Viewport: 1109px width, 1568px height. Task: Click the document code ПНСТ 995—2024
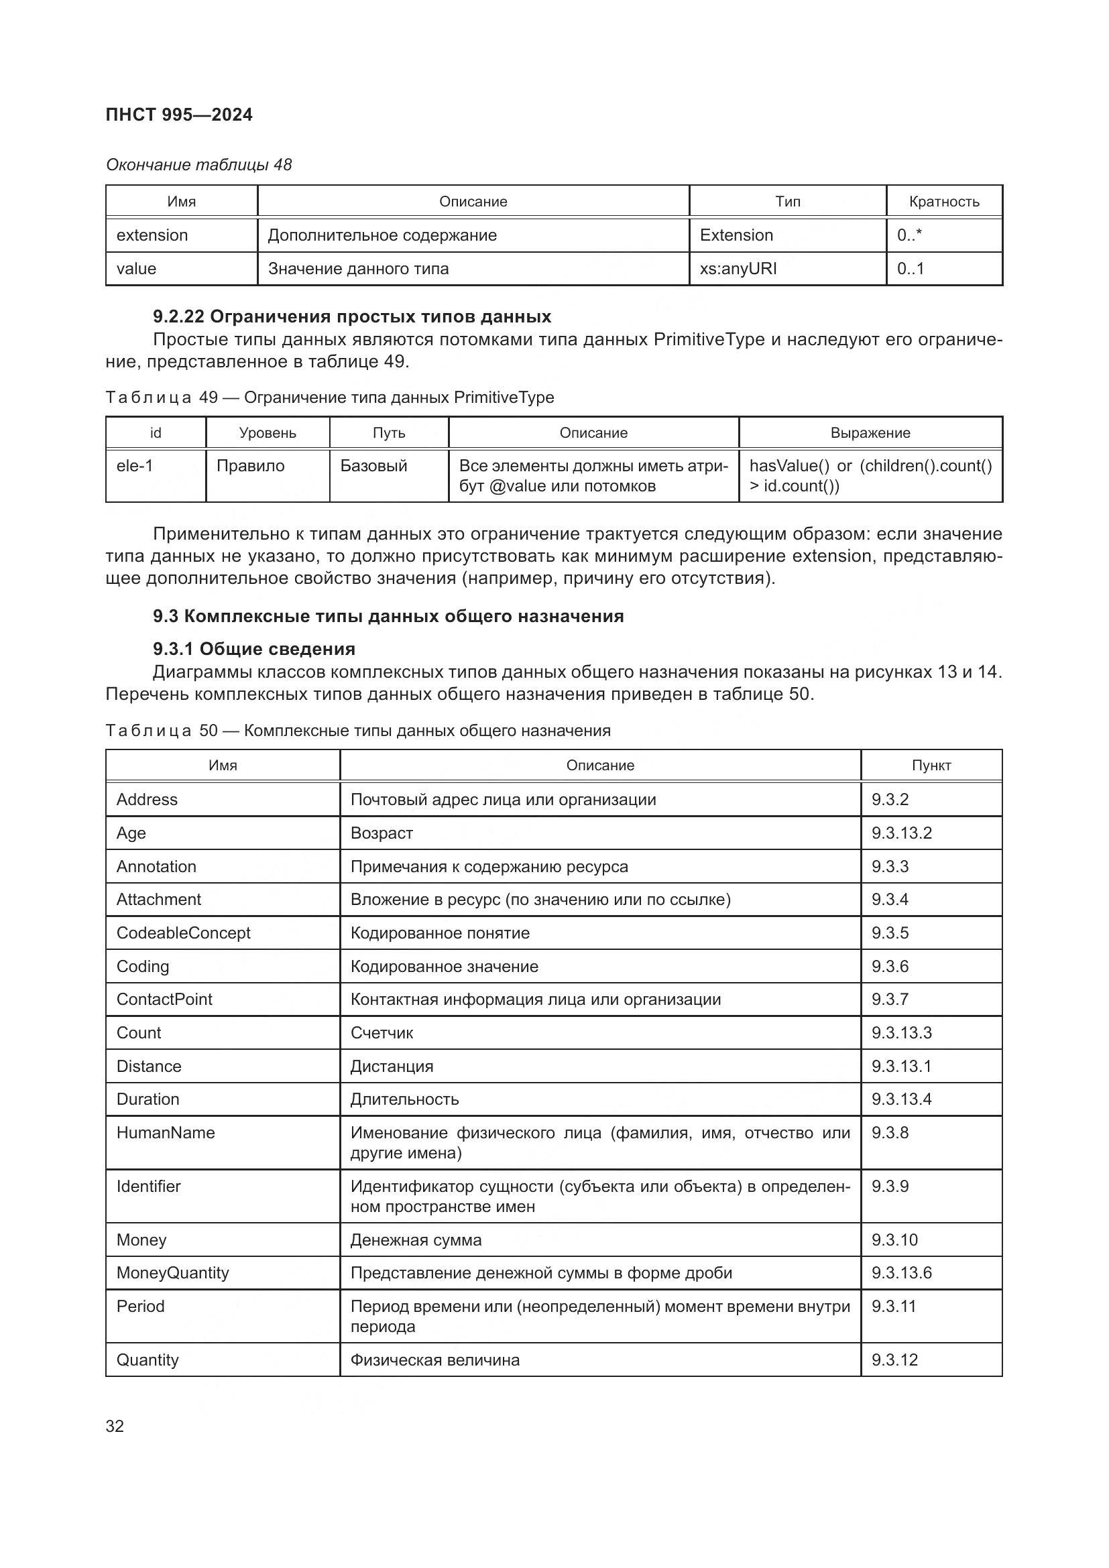pyautogui.click(x=179, y=115)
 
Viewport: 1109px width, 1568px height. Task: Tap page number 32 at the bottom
pyautogui.click(x=115, y=1425)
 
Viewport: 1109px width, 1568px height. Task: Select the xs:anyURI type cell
pyautogui.click(x=738, y=268)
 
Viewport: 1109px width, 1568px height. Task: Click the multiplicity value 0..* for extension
pyautogui.click(x=909, y=235)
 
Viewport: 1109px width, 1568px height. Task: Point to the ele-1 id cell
pyautogui.click(x=135, y=466)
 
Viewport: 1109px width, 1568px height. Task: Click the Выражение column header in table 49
pyautogui.click(x=870, y=433)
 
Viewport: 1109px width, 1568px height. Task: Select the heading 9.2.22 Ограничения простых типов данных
pyautogui.click(x=352, y=317)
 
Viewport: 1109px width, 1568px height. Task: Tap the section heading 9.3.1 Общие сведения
pyautogui.click(x=254, y=649)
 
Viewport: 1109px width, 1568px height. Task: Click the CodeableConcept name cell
pyautogui.click(x=183, y=933)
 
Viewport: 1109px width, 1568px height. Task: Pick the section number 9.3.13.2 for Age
pyautogui.click(x=900, y=833)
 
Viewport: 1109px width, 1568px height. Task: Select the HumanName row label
pyautogui.click(x=165, y=1133)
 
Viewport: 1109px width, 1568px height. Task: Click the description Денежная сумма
pyautogui.click(x=416, y=1240)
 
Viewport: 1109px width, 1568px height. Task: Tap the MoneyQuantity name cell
pyautogui.click(x=173, y=1273)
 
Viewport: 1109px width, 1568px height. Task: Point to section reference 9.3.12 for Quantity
pyautogui.click(x=894, y=1360)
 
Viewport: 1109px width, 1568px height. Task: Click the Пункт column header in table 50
pyautogui.click(x=931, y=766)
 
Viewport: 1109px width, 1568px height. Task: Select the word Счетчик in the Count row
pyautogui.click(x=382, y=1033)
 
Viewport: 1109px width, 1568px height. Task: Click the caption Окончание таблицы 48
pyautogui.click(x=198, y=165)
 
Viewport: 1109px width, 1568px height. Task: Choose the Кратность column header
pyautogui.click(x=944, y=202)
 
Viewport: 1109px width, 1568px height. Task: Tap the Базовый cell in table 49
pyautogui.click(x=373, y=466)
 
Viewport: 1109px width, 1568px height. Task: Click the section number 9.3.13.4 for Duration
pyautogui.click(x=900, y=1099)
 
